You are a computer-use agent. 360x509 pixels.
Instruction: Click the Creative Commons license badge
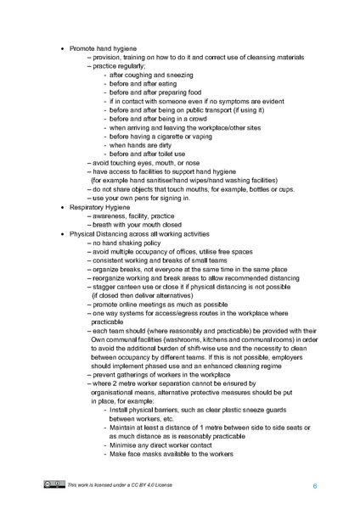54,484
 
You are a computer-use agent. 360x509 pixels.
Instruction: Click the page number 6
314,485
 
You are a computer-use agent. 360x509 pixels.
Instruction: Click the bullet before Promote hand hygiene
61,48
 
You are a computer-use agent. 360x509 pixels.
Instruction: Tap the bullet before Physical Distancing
61,233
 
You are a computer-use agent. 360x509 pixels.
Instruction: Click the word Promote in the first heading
82,48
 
